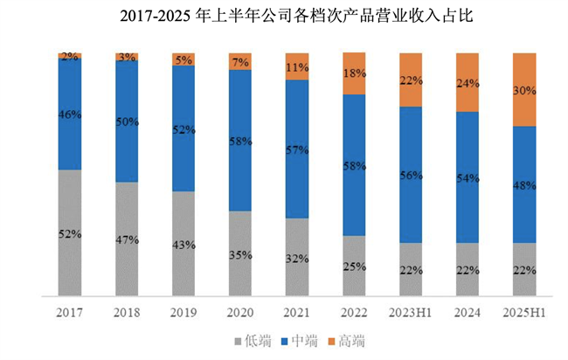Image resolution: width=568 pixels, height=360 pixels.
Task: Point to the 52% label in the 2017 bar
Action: pos(70,234)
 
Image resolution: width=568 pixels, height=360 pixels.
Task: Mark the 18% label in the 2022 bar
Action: pos(354,75)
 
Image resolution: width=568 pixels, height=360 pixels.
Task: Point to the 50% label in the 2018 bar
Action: pos(127,121)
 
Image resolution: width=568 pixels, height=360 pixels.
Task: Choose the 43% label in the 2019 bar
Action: pos(184,244)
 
